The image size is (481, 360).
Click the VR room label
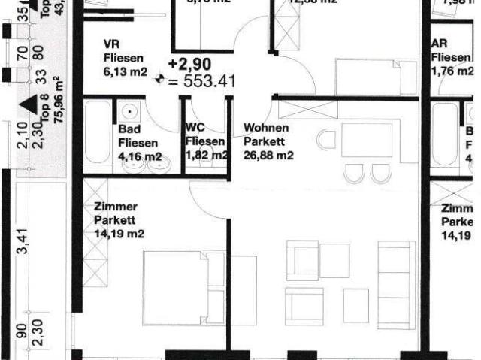(x=111, y=44)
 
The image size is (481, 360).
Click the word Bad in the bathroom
(x=129, y=129)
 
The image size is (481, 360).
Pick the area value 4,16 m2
(x=140, y=156)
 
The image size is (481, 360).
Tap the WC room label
(x=195, y=128)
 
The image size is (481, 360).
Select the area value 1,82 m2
(x=206, y=156)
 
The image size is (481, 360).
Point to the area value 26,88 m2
(x=268, y=156)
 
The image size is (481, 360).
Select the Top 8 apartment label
(x=44, y=113)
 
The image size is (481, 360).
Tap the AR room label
(x=440, y=44)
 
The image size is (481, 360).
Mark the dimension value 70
(x=22, y=53)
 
